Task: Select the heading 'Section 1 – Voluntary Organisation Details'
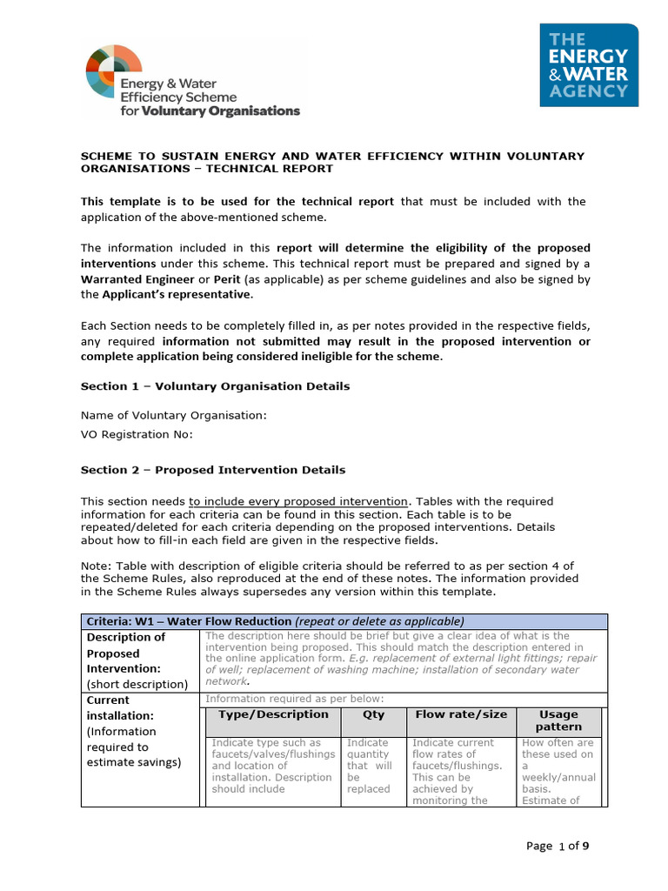[215, 385]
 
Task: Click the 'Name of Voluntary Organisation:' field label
[174, 415]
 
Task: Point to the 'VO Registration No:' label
[137, 434]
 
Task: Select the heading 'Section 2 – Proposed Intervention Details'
[213, 470]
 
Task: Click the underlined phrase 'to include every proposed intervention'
[298, 501]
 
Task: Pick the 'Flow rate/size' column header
[460, 714]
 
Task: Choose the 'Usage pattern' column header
[559, 720]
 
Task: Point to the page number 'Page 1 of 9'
[563, 845]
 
